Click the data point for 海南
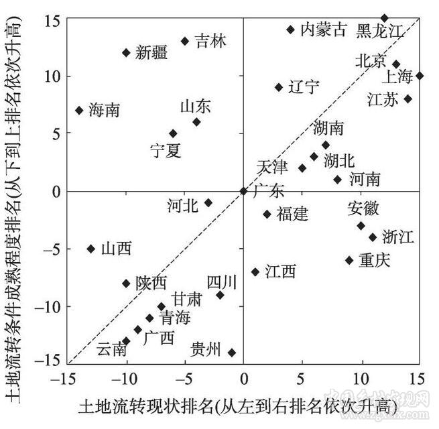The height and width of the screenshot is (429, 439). [x=79, y=110]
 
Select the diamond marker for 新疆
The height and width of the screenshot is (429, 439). [x=126, y=52]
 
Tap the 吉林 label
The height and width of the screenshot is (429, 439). [x=210, y=42]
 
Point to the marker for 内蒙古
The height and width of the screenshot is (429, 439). [x=290, y=29]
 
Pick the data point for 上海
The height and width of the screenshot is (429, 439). [x=420, y=76]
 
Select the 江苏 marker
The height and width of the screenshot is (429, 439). [x=407, y=99]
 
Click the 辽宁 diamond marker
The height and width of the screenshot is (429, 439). [x=279, y=87]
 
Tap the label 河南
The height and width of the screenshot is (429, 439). [x=365, y=179]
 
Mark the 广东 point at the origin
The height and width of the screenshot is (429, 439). [x=243, y=191]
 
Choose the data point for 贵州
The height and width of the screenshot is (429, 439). [x=232, y=352]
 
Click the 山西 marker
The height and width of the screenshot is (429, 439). [x=91, y=249]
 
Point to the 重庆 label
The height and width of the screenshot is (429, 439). [x=373, y=260]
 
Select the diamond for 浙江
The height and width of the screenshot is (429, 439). [x=373, y=237]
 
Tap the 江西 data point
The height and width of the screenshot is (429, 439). [x=255, y=271]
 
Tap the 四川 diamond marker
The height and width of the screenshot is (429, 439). [x=220, y=295]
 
